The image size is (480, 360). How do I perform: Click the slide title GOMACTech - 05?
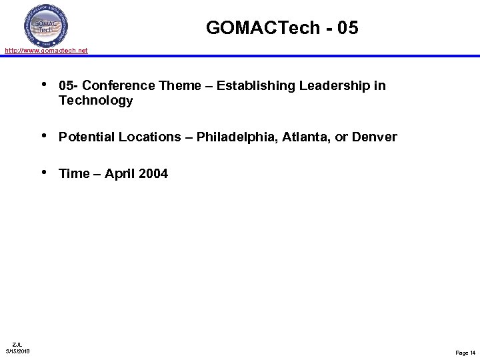282,27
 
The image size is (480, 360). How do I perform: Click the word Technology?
95,101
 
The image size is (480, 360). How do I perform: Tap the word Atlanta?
308,137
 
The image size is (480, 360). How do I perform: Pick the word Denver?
374,137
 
